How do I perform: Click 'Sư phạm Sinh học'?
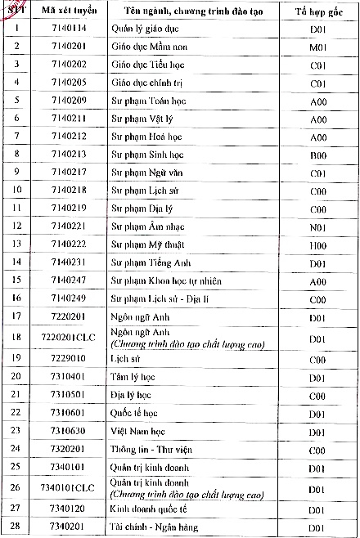[x=147, y=155]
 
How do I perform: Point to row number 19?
[x=17, y=358]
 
